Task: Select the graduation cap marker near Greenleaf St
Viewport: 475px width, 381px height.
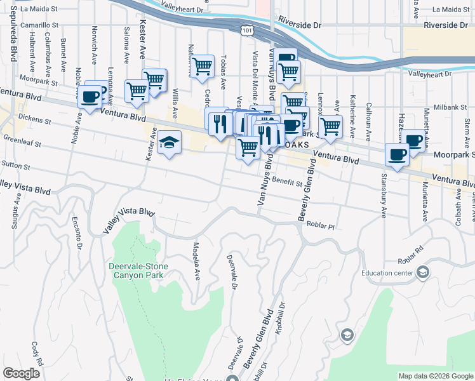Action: click(170, 144)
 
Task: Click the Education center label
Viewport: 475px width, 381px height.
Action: click(387, 273)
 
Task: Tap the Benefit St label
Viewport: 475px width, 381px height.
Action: click(288, 182)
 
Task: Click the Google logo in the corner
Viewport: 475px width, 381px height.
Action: click(21, 373)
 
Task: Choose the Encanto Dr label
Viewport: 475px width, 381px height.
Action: click(77, 231)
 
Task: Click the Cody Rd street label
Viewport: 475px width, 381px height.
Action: click(36, 353)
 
